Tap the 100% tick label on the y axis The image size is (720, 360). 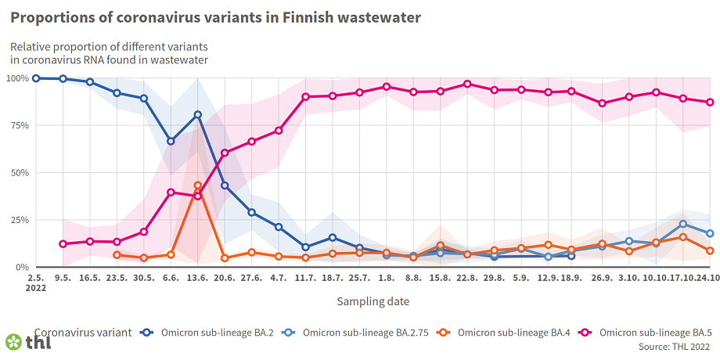(16, 78)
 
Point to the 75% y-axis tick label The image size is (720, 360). (19, 125)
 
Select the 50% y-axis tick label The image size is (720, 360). (19, 173)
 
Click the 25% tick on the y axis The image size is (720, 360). (19, 220)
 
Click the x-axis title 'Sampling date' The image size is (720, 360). (373, 301)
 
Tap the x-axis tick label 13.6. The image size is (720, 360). (198, 278)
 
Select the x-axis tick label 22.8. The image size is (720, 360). (467, 278)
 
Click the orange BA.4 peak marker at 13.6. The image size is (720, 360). (198, 185)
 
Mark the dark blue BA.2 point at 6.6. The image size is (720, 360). (171, 142)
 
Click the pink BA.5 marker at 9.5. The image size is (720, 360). (63, 243)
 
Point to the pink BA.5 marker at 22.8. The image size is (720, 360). (467, 84)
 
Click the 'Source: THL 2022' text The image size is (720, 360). (674, 346)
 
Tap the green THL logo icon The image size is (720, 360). (13, 342)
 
